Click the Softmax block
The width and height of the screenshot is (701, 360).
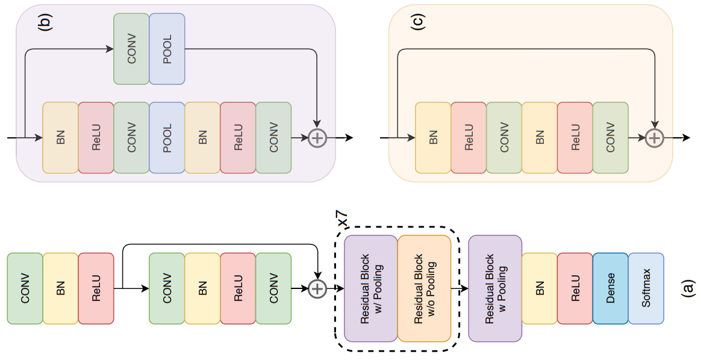point(646,289)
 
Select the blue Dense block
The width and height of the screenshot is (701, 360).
point(610,289)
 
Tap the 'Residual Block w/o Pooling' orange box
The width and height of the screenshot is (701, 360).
point(424,289)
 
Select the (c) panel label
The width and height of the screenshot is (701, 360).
point(417,21)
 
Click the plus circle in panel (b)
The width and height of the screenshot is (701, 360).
point(317,138)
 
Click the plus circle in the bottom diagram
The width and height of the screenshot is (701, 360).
point(317,289)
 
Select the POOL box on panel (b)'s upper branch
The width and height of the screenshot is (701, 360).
point(167,49)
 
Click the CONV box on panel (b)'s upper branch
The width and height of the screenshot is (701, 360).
point(131,49)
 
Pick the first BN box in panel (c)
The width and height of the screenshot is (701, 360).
point(433,138)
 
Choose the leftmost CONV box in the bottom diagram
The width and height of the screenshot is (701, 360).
point(25,289)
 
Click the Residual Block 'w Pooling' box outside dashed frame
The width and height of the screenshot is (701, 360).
point(494,289)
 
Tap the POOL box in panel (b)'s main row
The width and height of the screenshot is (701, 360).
point(167,138)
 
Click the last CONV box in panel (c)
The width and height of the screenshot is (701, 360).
point(610,138)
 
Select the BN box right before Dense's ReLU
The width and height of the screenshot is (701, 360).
point(539,289)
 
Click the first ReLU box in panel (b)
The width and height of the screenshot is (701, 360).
point(96,138)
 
